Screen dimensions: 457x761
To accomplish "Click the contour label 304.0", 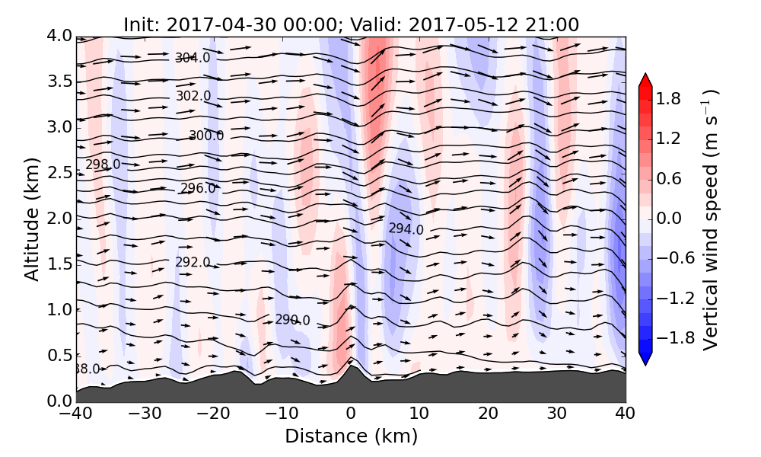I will [193, 58].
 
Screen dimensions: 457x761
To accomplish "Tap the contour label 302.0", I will [193, 96].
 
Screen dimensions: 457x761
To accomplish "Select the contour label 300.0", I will [206, 136].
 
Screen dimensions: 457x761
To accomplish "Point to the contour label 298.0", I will [103, 165].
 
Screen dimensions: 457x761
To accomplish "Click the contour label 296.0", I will [198, 188].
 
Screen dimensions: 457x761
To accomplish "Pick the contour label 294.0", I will [406, 228].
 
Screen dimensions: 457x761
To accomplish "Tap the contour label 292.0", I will [193, 262].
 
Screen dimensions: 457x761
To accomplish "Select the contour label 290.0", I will [292, 320].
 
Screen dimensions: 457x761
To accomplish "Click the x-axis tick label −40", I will [75, 415].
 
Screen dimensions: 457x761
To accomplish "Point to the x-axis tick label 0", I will [351, 415].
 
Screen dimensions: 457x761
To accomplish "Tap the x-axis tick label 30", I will [557, 415].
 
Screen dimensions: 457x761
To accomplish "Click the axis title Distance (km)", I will [351, 436].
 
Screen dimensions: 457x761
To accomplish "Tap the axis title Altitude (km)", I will [32, 219].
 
